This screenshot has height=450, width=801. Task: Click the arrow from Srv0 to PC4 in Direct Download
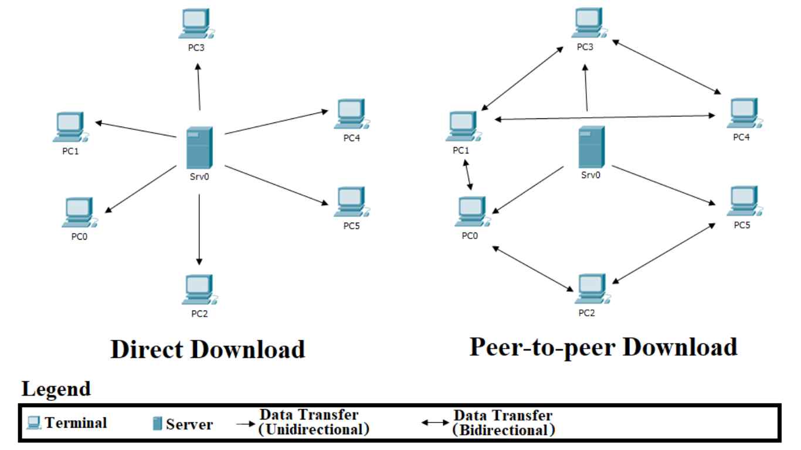[x=275, y=122]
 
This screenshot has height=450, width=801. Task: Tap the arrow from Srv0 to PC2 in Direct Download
[x=199, y=229]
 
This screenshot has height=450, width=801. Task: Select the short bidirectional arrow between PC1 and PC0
[x=468, y=175]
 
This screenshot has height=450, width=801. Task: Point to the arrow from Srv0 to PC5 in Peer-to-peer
[x=663, y=185]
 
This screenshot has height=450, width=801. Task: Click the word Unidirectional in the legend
[x=314, y=429]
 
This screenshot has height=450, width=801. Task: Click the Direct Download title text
[x=208, y=349]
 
